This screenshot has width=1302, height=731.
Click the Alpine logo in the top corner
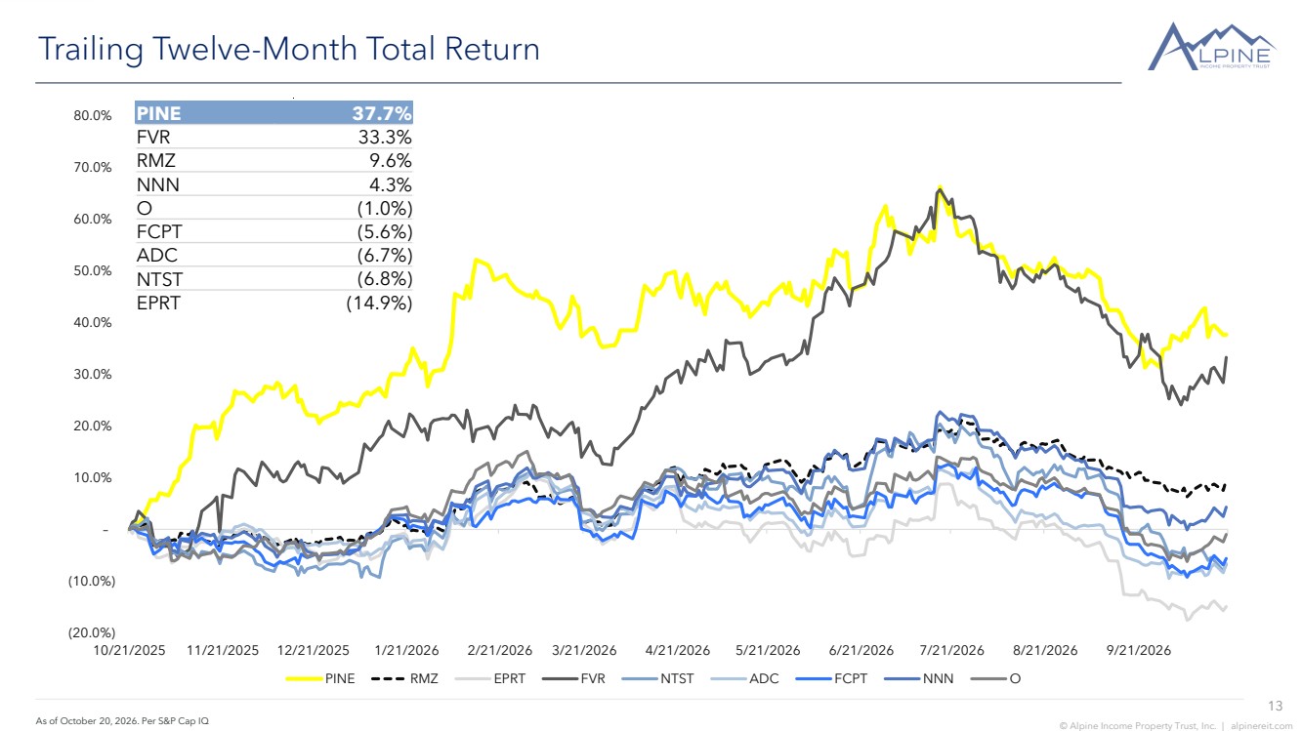click(1211, 47)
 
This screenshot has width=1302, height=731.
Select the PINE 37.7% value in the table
click(381, 112)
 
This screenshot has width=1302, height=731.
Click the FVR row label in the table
click(153, 137)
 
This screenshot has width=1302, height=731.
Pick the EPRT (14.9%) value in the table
click(379, 304)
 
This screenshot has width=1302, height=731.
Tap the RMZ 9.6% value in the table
click(391, 160)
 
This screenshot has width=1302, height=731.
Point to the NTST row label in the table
click(159, 279)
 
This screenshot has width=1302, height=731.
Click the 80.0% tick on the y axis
click(93, 115)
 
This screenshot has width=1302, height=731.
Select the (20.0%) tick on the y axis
click(92, 632)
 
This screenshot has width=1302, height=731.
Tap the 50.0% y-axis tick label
click(93, 270)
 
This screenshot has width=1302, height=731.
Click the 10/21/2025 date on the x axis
click(129, 650)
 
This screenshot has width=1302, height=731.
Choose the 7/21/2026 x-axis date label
click(951, 650)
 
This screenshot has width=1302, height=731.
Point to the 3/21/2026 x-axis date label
click(584, 650)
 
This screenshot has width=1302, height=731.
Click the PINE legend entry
click(319, 678)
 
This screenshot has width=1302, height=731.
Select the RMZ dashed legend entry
click(404, 678)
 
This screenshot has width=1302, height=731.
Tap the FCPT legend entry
click(831, 678)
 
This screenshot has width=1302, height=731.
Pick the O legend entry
click(995, 678)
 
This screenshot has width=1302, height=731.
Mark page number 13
click(1276, 706)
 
